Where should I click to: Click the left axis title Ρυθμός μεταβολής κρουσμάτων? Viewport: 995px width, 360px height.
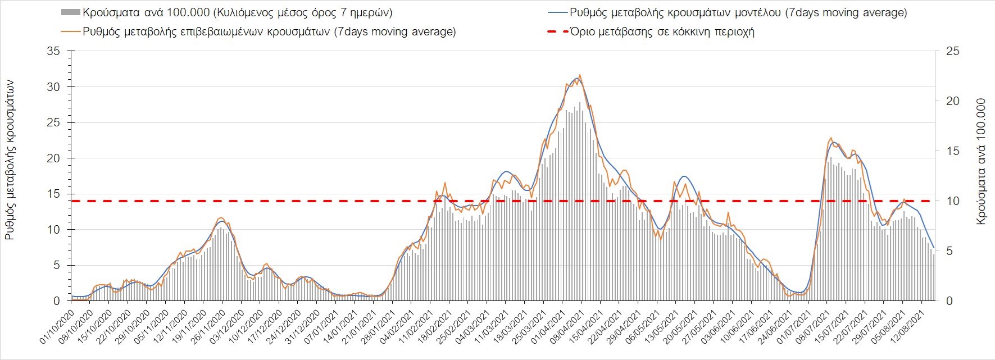(10, 160)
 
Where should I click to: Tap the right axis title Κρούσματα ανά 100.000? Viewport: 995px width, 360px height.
(981, 162)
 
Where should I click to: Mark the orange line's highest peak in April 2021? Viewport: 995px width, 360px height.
(580, 75)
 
